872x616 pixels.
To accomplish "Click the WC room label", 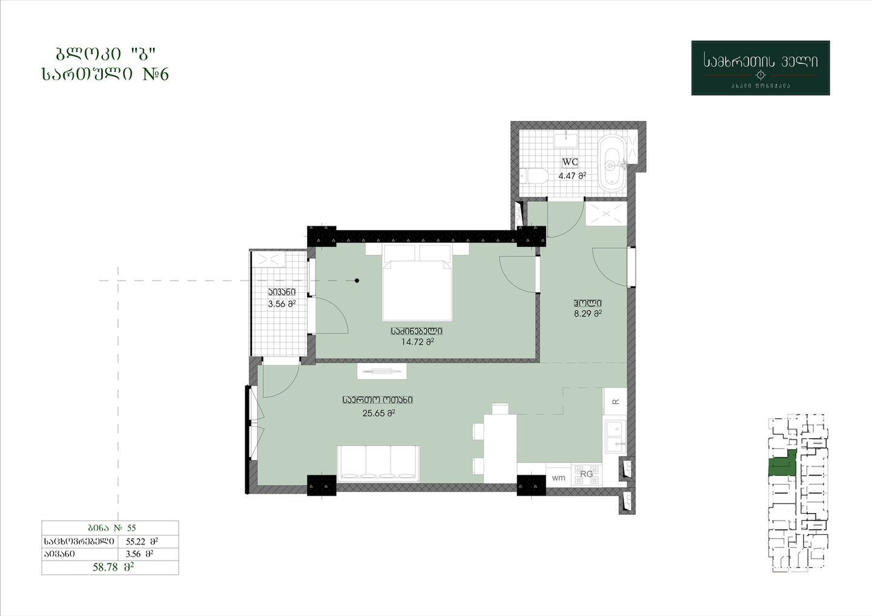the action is (x=570, y=162).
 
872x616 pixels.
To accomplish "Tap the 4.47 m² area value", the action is (x=572, y=175).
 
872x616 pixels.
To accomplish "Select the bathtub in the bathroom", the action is (x=613, y=163).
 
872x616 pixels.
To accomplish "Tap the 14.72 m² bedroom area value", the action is (x=417, y=342).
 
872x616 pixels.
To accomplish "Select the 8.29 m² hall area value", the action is (x=588, y=313).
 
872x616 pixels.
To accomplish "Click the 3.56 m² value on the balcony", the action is (x=282, y=304).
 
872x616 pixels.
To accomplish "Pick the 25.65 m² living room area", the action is (x=379, y=413).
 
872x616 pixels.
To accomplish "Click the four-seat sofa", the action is (x=378, y=464).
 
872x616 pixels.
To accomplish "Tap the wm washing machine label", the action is (x=558, y=478).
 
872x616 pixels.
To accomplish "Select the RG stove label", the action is (x=586, y=474).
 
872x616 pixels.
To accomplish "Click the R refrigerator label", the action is (x=615, y=402).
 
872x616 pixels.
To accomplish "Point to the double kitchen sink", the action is (x=615, y=437).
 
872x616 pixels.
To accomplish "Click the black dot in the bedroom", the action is (x=357, y=280).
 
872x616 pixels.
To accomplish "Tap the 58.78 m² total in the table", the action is (x=113, y=568).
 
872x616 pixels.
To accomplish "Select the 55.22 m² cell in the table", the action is (x=142, y=542).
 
